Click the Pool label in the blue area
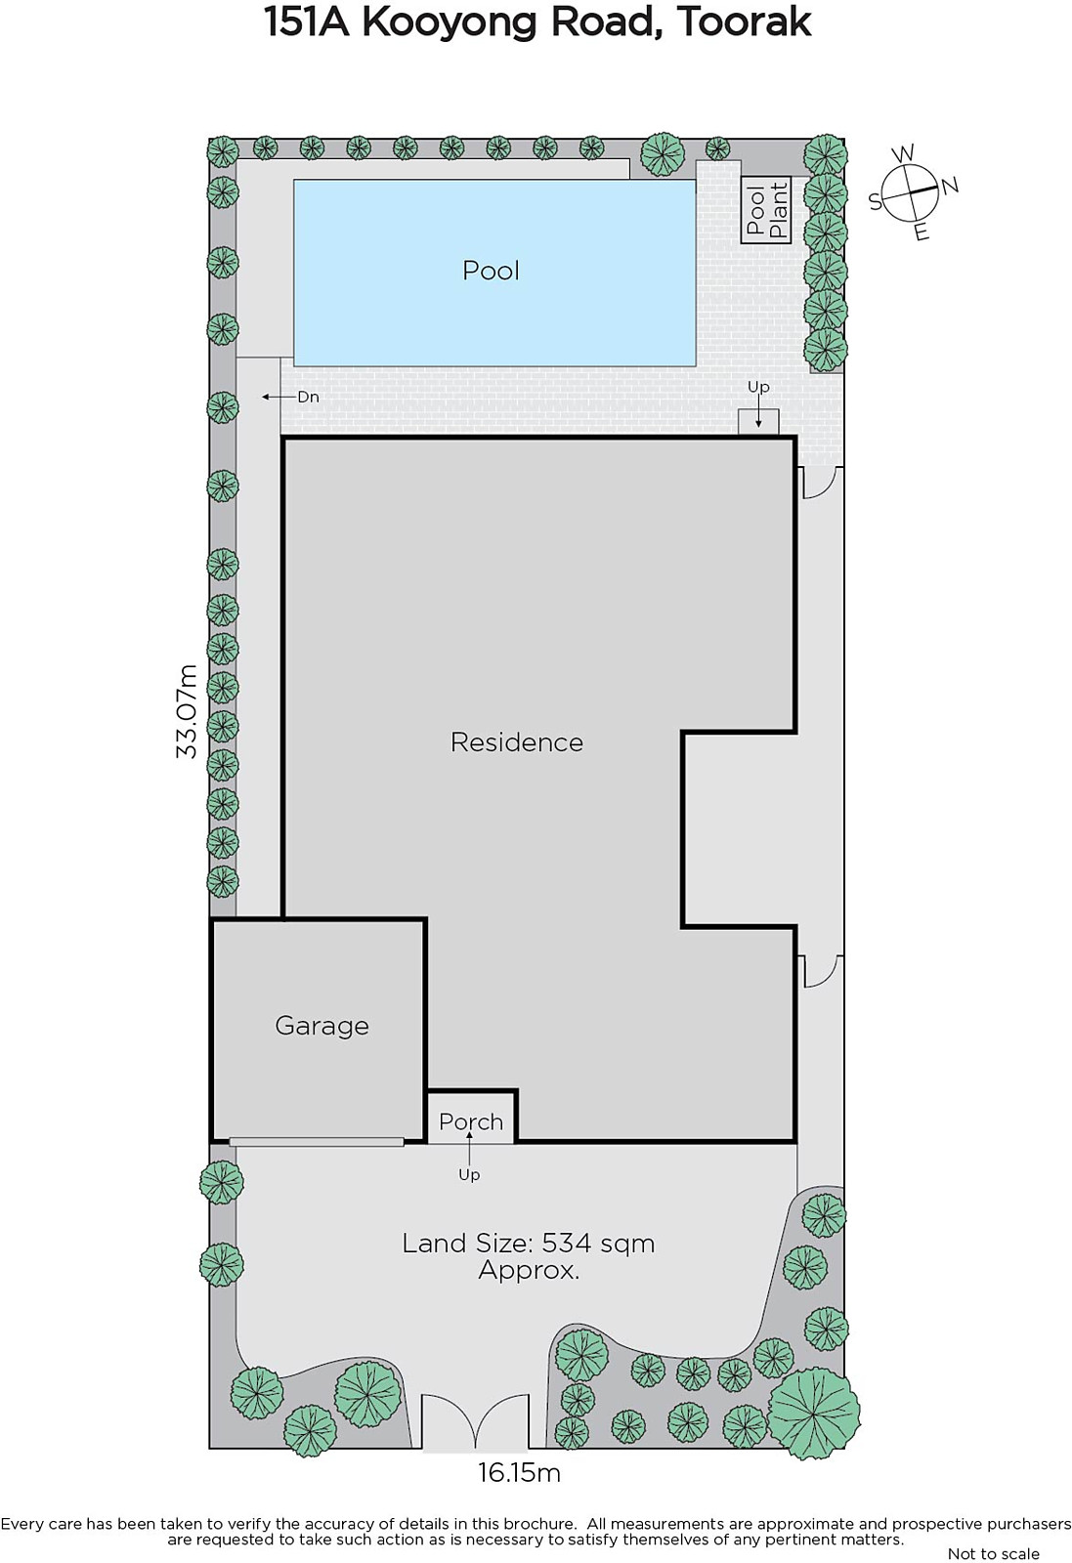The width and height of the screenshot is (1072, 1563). pyautogui.click(x=491, y=270)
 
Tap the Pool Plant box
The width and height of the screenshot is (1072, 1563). pyautogui.click(x=765, y=209)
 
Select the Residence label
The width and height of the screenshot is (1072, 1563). pyautogui.click(x=517, y=741)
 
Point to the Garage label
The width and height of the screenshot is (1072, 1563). pyautogui.click(x=322, y=1026)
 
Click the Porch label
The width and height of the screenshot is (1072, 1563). pyautogui.click(x=471, y=1122)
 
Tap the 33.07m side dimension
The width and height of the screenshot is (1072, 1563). pyautogui.click(x=187, y=711)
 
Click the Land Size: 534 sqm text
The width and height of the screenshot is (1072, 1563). pyautogui.click(x=529, y=1243)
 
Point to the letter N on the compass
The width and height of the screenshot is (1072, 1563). pyautogui.click(x=950, y=186)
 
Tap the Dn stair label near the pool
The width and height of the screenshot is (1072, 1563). pyautogui.click(x=308, y=397)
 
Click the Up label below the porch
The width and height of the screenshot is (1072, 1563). pyautogui.click(x=469, y=1175)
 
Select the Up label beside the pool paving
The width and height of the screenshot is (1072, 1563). pyautogui.click(x=758, y=387)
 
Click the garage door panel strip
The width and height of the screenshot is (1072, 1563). pyautogui.click(x=317, y=1142)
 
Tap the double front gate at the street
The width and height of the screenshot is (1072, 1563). pyautogui.click(x=475, y=1420)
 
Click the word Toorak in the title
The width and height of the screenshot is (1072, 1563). pyautogui.click(x=744, y=22)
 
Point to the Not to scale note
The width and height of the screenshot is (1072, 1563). pyautogui.click(x=993, y=1553)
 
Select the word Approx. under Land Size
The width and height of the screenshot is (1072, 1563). pyautogui.click(x=529, y=1270)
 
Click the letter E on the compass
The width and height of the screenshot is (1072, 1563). pyautogui.click(x=922, y=232)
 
